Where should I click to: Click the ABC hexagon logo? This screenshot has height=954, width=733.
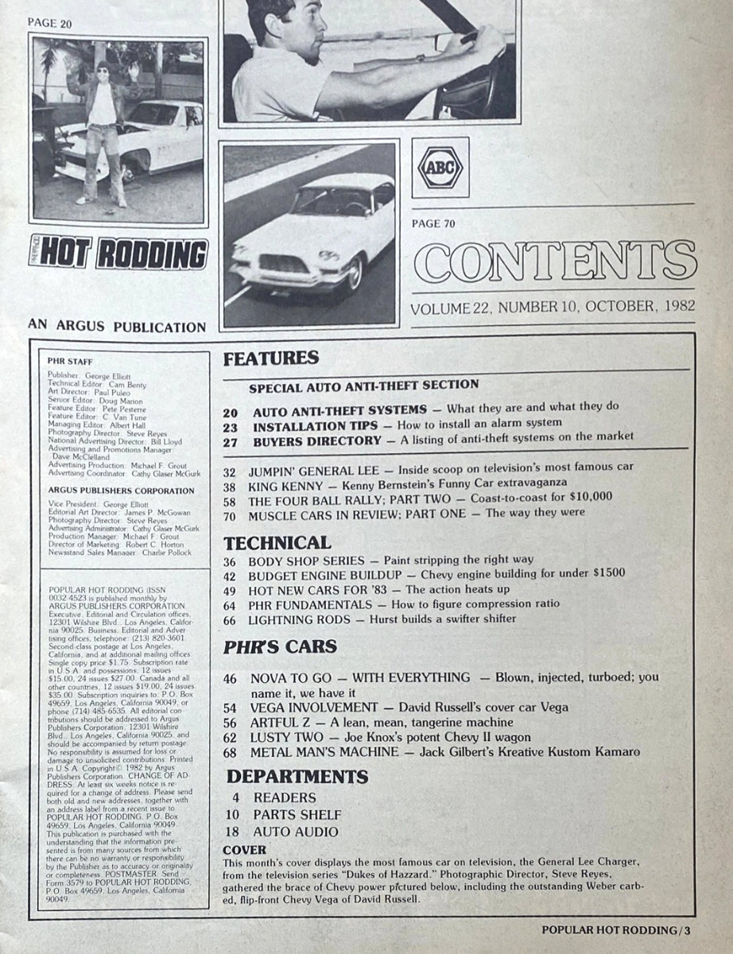pos(440,168)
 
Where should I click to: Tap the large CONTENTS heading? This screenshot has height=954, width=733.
pos(554,263)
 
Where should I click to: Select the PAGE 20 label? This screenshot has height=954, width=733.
pos(49,24)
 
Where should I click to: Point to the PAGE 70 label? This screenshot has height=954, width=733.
pos(433,223)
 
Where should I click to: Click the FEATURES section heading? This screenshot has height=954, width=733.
pos(270,359)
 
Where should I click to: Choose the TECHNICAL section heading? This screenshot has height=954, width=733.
pos(277,543)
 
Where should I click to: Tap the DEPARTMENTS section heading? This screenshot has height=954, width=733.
pos(297,776)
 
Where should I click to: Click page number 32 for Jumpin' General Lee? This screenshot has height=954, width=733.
pos(231,467)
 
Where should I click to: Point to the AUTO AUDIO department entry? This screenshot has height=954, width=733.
pos(296,832)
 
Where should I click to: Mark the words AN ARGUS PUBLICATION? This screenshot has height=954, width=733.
pos(116,325)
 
